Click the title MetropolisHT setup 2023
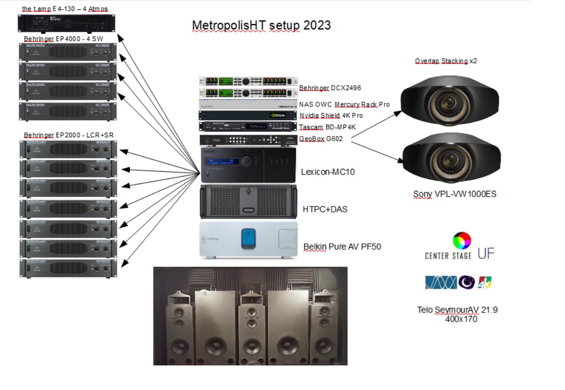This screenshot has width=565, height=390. tap(261, 26)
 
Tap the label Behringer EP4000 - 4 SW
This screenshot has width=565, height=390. tap(63, 39)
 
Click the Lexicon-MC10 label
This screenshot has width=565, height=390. tap(328, 172)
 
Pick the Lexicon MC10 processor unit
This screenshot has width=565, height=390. tap(248, 165)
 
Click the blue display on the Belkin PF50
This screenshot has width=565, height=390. tap(250, 239)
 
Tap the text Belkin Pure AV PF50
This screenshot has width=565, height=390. tap(342, 247)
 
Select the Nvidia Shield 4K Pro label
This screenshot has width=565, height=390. tap(331, 116)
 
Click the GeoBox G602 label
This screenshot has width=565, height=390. tap(321, 139)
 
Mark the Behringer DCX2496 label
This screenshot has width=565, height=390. tap(331, 88)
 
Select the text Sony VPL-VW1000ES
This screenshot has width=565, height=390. tap(455, 194)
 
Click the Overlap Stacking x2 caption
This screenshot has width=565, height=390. tap(446, 61)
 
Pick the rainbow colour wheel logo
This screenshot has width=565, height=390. tap(462, 241)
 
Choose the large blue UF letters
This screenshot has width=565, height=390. tap(486, 253)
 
